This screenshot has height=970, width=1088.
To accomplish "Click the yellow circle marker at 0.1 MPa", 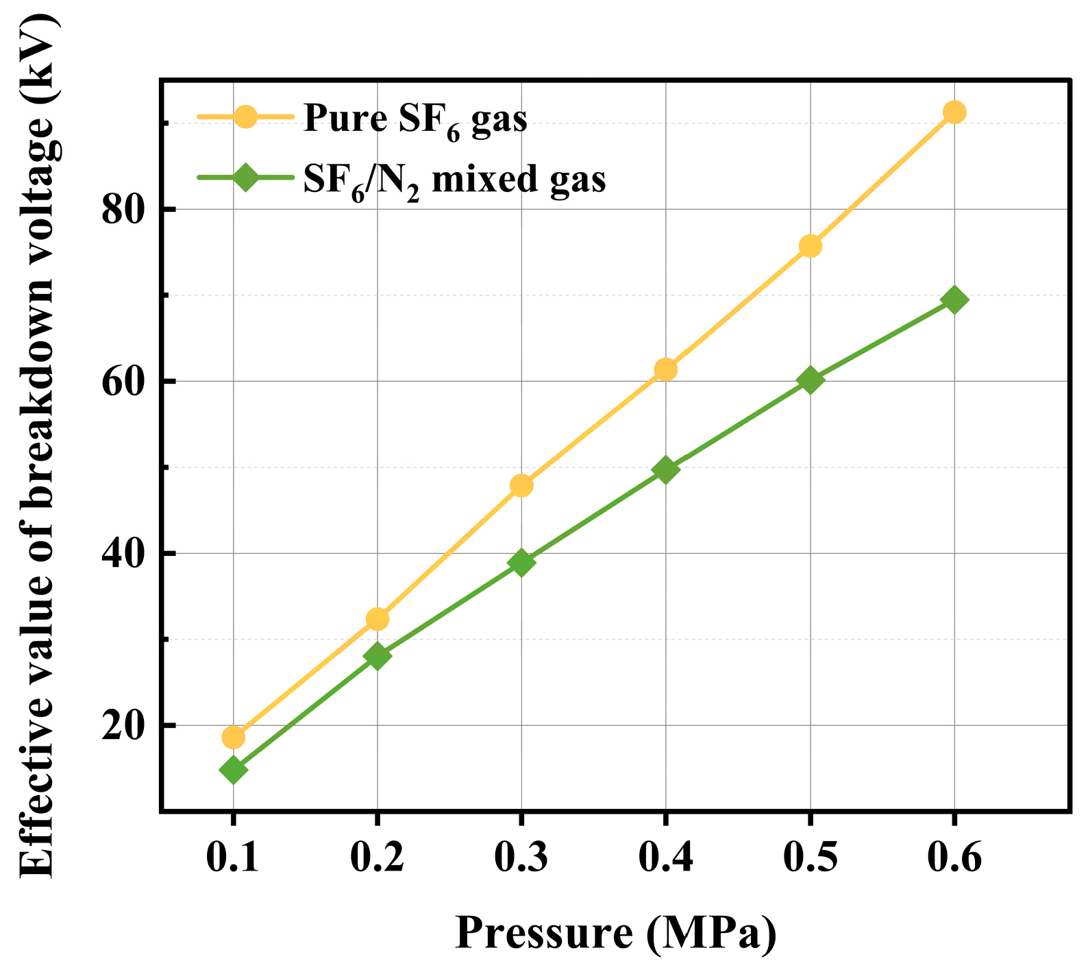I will [233, 738].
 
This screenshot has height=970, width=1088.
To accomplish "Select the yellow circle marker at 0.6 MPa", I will [954, 112].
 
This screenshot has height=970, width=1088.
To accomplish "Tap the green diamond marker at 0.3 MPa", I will [521, 563].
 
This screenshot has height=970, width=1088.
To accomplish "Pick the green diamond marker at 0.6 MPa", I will [954, 300].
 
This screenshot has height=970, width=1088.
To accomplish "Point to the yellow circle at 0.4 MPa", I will [665, 369].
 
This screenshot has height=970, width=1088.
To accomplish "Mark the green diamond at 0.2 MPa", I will [377, 657].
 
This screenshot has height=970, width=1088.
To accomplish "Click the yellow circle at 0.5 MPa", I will [810, 245].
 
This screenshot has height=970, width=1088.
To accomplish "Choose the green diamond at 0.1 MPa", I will [233, 771].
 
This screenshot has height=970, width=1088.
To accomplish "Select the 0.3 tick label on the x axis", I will [521, 856].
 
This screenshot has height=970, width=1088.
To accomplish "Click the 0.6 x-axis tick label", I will [954, 856].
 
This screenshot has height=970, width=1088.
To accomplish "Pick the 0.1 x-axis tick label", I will [233, 856].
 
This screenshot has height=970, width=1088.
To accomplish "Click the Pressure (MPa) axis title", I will [615, 933].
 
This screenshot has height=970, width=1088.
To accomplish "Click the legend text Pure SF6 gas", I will [415, 119].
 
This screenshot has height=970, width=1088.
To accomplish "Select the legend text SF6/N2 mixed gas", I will [454, 180].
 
